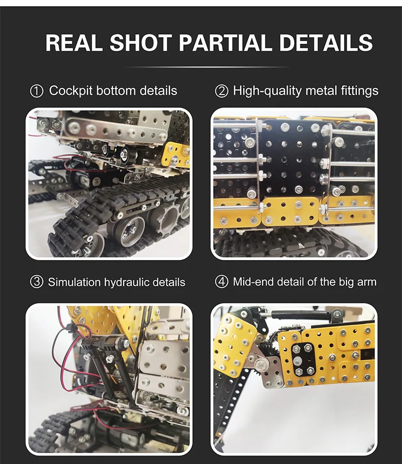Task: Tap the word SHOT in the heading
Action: (141, 43)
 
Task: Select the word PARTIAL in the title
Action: (225, 43)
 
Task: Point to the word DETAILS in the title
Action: (326, 43)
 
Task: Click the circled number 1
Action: (37, 91)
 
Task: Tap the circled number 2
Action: (221, 91)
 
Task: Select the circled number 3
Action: (37, 282)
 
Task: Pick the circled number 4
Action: (221, 282)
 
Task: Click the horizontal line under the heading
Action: (207, 68)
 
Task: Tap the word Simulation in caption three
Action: (74, 282)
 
